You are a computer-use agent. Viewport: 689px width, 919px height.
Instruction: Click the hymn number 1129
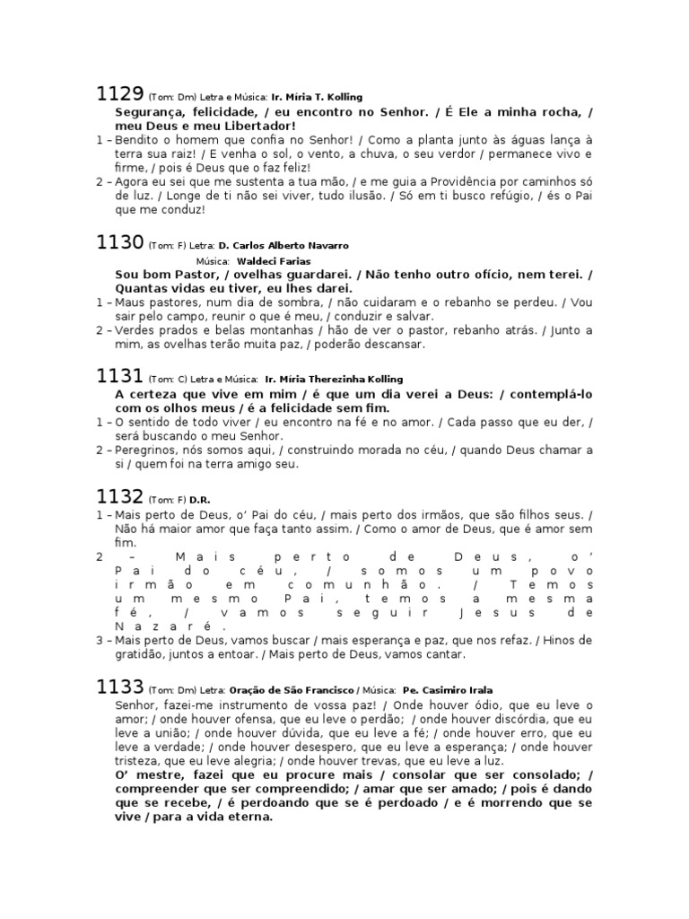[119, 93]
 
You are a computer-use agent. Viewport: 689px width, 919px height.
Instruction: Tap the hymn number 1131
[119, 376]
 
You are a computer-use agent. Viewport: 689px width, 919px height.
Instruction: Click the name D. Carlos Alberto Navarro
[283, 246]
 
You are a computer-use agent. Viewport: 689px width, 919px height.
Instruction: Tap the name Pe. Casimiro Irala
[448, 690]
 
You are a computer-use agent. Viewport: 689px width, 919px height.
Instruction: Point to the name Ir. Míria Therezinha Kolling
[335, 380]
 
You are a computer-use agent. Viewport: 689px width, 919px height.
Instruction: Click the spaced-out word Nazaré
[165, 626]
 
